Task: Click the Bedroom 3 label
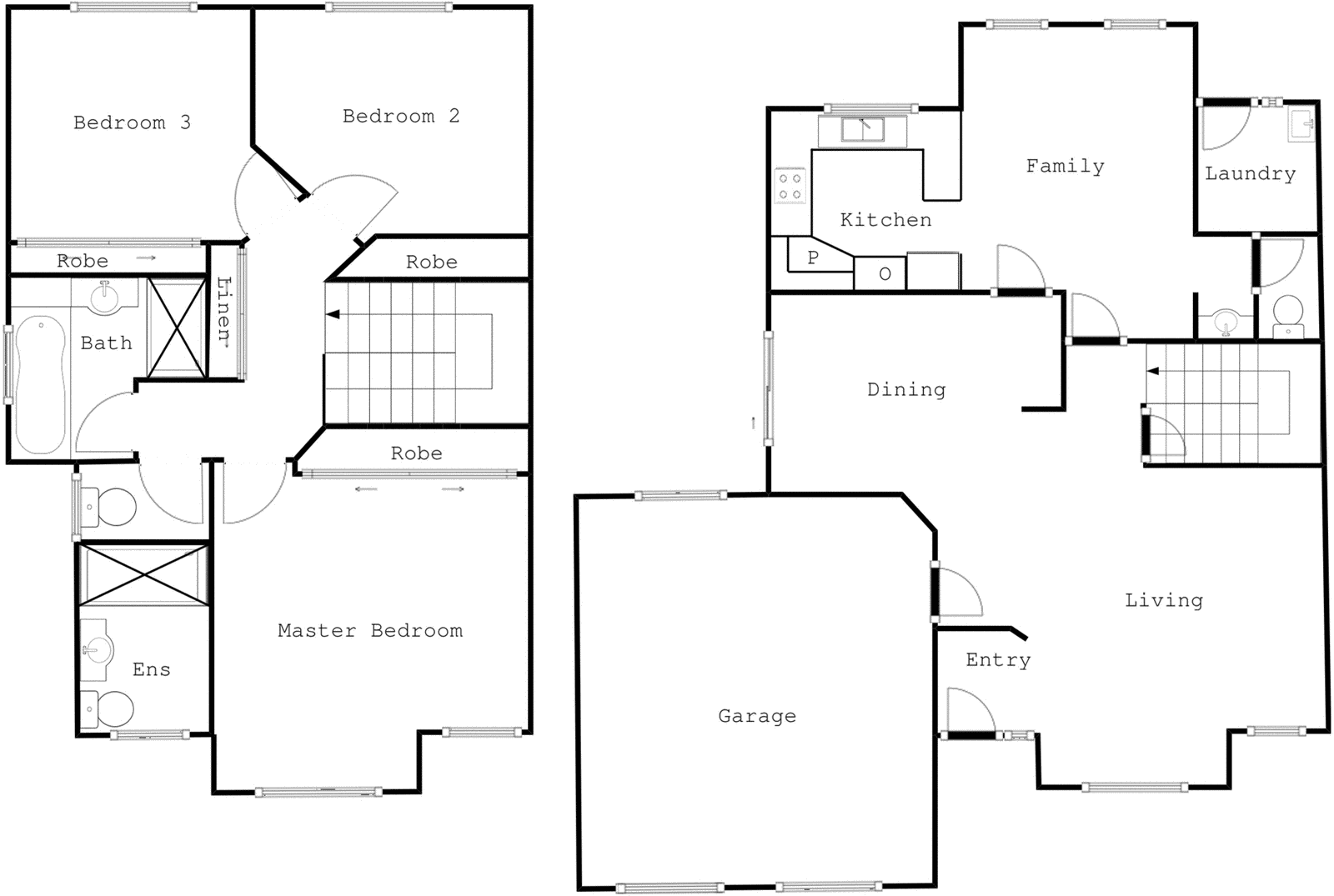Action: tap(132, 123)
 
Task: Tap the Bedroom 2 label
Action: tap(400, 116)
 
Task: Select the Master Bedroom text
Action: tap(369, 630)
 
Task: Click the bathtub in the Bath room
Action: tap(40, 384)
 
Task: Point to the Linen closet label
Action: tap(223, 309)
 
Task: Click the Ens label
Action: tap(151, 669)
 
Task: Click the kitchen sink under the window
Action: tap(862, 130)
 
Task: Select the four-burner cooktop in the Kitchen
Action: tap(790, 186)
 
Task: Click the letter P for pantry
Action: tap(813, 258)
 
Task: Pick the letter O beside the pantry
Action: tap(885, 273)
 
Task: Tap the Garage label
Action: tap(756, 716)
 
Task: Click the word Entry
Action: tap(997, 660)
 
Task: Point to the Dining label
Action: tap(905, 389)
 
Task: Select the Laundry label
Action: tap(1249, 173)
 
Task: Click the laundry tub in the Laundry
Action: tap(1300, 124)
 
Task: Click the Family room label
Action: tap(1065, 166)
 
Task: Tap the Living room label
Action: tap(1163, 600)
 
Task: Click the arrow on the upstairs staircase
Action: tap(333, 314)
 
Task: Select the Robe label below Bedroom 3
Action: tap(83, 261)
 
